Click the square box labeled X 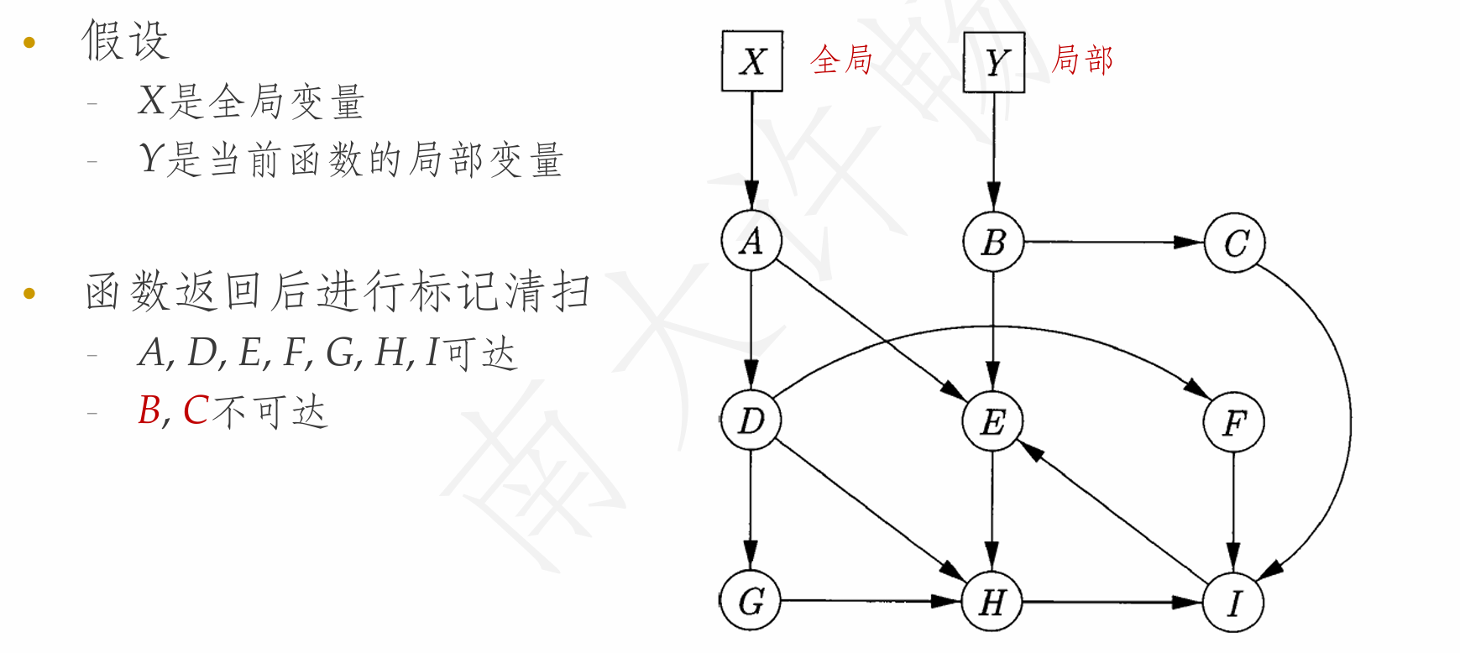point(752,61)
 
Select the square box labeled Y point(994,61)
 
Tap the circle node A point(751,241)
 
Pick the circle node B point(993,242)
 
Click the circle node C point(1234,243)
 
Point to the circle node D point(751,420)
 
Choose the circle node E point(992,421)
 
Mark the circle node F point(1233,421)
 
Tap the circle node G point(751,600)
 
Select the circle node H point(992,601)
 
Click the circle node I point(1233,602)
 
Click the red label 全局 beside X point(841,60)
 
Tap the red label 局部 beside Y point(1082,60)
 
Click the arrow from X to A point(751,151)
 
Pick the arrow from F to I point(1233,511)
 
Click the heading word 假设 point(126,40)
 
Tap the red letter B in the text point(149,410)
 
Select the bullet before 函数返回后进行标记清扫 point(29,293)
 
